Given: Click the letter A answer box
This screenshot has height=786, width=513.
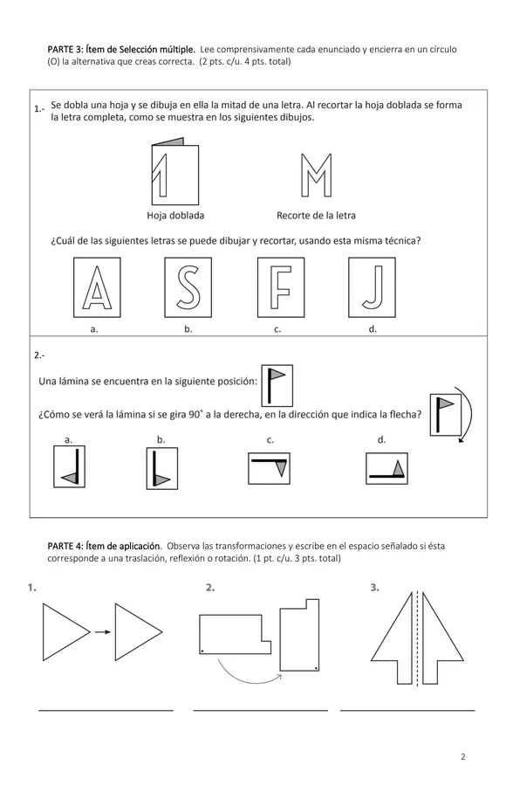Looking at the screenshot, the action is click(x=97, y=287).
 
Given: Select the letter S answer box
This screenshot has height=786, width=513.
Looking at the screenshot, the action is click(x=188, y=287).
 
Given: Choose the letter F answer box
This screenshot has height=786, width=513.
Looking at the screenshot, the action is click(x=281, y=287).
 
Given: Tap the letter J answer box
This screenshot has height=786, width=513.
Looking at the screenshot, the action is click(x=373, y=287).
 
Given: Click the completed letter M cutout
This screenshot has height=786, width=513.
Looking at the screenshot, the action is click(x=316, y=175).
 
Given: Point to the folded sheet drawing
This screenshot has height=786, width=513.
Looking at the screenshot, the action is click(x=175, y=171).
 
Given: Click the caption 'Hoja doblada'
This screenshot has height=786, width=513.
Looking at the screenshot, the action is click(x=175, y=216).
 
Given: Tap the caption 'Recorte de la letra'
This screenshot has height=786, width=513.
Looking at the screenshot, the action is click(x=316, y=216).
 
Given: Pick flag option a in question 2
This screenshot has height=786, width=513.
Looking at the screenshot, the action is click(x=70, y=466).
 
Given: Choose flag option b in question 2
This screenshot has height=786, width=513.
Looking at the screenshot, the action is click(x=162, y=469).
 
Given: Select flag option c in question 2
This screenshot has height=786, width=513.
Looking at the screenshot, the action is click(x=269, y=469).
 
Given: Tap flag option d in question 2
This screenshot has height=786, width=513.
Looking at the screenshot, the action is click(x=386, y=469).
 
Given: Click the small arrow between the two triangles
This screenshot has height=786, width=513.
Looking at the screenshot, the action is click(x=103, y=632).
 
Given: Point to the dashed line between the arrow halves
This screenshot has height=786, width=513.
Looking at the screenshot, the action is click(x=417, y=638).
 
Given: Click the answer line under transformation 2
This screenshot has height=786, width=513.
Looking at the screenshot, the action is click(x=261, y=710).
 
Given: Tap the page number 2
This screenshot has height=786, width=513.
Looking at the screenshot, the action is click(x=463, y=757).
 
